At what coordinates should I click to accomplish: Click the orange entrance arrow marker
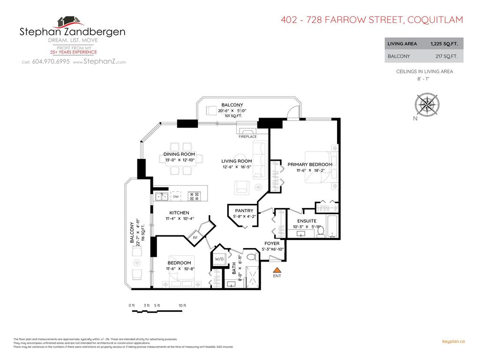point(277,270)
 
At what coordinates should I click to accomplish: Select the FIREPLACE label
point(248,137)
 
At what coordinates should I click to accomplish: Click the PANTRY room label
point(244,211)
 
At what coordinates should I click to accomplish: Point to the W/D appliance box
point(219,259)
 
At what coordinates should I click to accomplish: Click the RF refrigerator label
point(195,238)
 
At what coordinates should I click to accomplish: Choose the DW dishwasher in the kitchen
point(176,197)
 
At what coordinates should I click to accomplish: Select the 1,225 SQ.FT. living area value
point(444,44)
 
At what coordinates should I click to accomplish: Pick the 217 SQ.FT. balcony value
point(447,56)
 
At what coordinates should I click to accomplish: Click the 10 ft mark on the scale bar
point(182,306)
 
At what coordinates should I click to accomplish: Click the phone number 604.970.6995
point(51,62)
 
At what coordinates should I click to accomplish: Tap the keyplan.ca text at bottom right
point(453,342)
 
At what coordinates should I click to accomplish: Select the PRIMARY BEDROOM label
point(310,165)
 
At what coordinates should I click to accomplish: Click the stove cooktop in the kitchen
point(194,195)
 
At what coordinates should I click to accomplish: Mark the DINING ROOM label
point(179,154)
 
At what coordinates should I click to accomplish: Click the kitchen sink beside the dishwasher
point(162,196)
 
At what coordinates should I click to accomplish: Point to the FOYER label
point(272,243)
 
